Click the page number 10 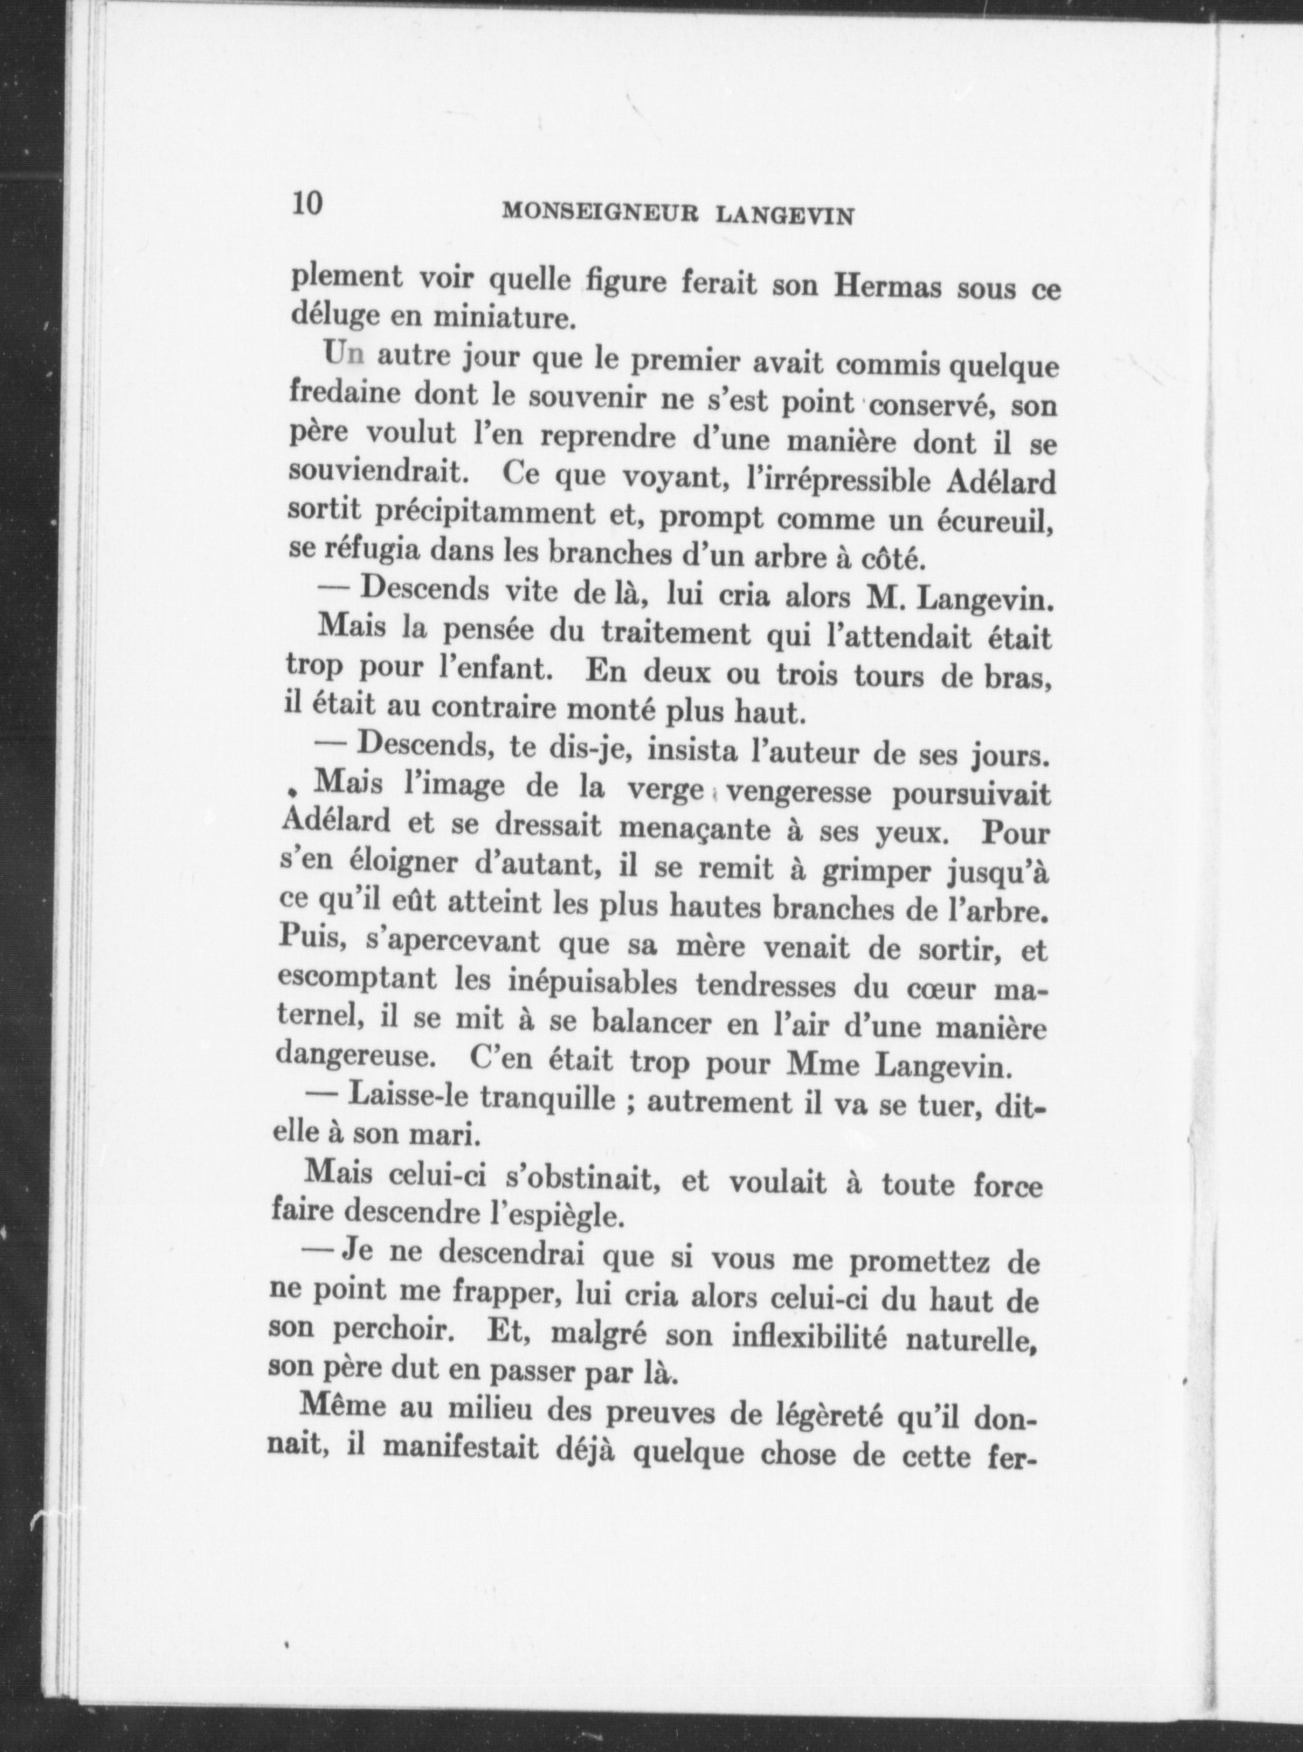[307, 203]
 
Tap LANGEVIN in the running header [785, 216]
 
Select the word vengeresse [800, 793]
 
